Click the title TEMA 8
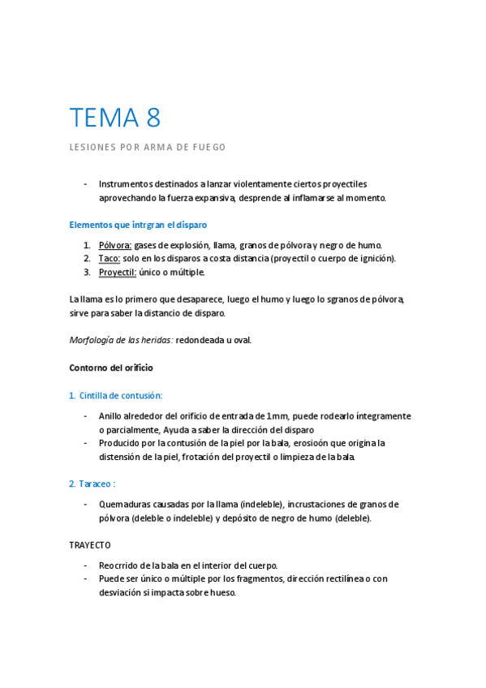click(x=114, y=118)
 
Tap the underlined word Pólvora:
click(x=115, y=245)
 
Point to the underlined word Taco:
click(x=110, y=258)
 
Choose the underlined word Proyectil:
click(x=118, y=272)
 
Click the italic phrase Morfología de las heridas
click(x=120, y=340)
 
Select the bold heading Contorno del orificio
click(x=112, y=368)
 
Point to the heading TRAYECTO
click(x=89, y=544)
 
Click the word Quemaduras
click(x=127, y=504)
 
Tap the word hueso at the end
click(x=221, y=592)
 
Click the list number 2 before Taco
click(x=86, y=258)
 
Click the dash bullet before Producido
click(x=86, y=443)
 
